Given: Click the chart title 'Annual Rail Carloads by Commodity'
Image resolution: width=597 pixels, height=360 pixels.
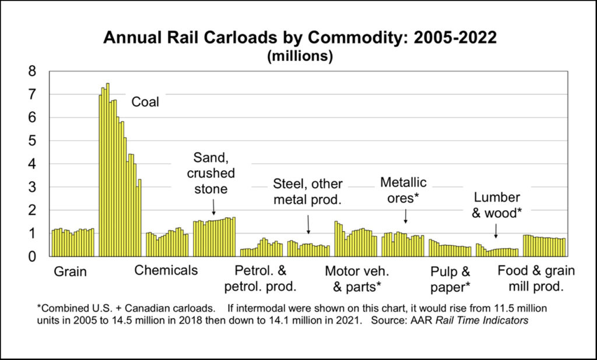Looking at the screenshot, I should point(300,38).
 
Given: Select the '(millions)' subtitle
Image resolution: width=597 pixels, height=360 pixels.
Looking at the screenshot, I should point(300,57).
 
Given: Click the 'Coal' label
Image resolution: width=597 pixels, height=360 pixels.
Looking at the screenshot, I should point(145,103).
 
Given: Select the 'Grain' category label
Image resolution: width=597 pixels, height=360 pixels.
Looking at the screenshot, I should point(70,271).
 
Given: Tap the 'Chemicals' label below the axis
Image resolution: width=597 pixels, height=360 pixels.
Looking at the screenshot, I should point(166,270).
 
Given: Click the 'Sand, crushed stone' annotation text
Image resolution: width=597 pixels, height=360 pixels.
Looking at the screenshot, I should point(214,174).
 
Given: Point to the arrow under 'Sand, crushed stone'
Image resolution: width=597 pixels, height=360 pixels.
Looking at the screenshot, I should point(214,207).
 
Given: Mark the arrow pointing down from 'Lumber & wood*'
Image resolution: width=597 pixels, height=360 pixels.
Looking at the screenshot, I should point(496,231).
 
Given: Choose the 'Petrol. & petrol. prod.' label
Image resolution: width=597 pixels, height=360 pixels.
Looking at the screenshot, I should point(261,278).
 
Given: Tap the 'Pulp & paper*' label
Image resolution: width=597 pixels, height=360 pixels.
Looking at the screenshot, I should point(450,278).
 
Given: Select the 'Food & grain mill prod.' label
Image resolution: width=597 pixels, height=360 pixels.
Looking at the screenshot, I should point(536,278).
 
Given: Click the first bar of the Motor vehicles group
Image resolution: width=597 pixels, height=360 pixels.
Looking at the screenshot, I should point(336,239).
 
